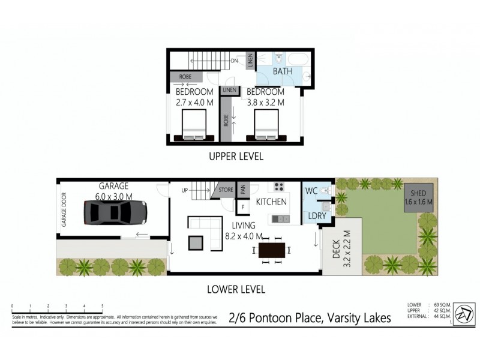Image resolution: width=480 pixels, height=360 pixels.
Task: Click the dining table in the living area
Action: tap(272, 249)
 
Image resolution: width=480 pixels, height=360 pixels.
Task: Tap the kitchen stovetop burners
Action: tap(279, 187)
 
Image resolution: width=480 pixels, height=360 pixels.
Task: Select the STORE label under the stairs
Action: tap(226, 190)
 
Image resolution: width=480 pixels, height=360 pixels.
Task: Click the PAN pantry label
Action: tap(243, 190)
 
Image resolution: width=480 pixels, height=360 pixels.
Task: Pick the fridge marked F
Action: tap(243, 208)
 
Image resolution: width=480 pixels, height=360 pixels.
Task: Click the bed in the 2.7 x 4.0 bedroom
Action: tap(194, 128)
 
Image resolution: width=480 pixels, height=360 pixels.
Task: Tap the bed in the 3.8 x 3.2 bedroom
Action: tap(265, 128)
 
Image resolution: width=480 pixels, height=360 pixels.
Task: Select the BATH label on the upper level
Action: tap(282, 71)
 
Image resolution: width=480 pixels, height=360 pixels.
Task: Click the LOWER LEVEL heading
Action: tap(236, 289)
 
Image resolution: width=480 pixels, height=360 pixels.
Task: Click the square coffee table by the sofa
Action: tap(196, 242)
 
